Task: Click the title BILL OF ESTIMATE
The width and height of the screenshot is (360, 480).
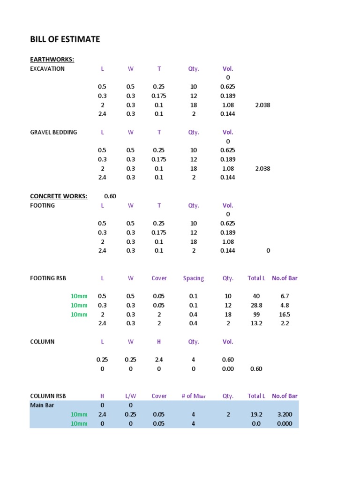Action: pos(65,39)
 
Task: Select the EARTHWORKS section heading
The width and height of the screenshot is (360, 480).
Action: pos(52,60)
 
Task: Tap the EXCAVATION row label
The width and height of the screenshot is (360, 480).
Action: pos(47,69)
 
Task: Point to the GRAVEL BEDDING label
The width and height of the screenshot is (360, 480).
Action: pos(53,132)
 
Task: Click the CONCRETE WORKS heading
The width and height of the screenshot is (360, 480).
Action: pos(59,196)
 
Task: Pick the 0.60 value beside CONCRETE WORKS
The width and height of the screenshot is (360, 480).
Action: pos(110,196)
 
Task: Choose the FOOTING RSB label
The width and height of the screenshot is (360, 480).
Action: pos(48,278)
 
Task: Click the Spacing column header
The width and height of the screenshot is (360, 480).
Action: pos(194,278)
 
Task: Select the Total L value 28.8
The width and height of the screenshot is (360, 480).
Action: pos(256,305)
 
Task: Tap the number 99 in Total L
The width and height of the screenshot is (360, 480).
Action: pos(256,315)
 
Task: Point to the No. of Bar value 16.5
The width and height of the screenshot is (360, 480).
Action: pos(285,315)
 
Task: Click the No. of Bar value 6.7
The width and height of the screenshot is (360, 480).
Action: pos(285,296)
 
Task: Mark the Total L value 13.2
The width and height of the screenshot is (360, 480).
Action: pos(256,323)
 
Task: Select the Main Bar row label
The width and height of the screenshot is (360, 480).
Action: pos(42,405)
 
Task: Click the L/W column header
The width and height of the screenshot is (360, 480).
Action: pos(130,396)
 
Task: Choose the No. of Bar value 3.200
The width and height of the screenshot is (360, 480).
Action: pos(285,414)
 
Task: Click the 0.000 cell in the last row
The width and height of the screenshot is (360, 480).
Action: pos(285,423)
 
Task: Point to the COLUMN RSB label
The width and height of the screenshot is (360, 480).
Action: pos(48,396)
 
